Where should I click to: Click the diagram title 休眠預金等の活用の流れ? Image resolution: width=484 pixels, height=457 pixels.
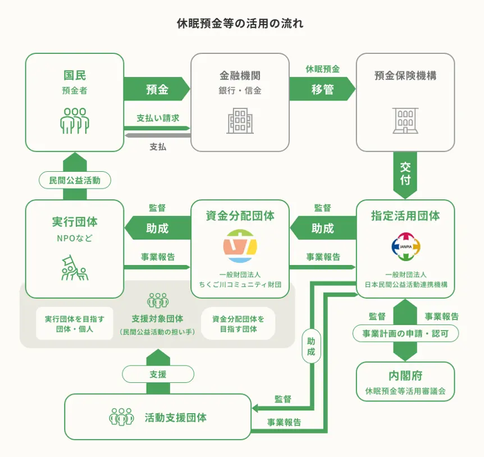pyautogui.click(x=240, y=24)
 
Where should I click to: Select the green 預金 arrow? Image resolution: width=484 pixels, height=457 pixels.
pyautogui.click(x=157, y=89)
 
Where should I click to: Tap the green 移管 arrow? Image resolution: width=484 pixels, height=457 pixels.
pyautogui.click(x=322, y=89)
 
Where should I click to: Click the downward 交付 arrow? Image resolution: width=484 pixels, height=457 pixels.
pyautogui.click(x=405, y=175)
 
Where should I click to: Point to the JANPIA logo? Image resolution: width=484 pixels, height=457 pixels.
pyautogui.click(x=405, y=246)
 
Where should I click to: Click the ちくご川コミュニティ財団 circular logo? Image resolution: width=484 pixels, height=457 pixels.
pyautogui.click(x=240, y=246)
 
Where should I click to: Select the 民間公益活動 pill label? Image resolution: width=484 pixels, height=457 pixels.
pyautogui.click(x=75, y=180)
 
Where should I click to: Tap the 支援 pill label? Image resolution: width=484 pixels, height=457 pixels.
pyautogui.click(x=158, y=374)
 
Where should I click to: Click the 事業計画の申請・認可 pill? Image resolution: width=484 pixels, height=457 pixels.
pyautogui.click(x=405, y=333)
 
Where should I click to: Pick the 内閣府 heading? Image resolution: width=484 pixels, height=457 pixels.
pyautogui.click(x=405, y=376)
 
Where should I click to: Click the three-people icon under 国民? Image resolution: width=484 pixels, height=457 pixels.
pyautogui.click(x=75, y=121)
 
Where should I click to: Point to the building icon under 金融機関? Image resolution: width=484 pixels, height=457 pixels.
pyautogui.click(x=240, y=121)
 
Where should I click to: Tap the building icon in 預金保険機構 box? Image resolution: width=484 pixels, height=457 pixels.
pyautogui.click(x=405, y=121)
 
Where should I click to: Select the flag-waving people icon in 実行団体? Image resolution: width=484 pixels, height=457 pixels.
pyautogui.click(x=75, y=268)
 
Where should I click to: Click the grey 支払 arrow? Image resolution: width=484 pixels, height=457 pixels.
pyautogui.click(x=157, y=135)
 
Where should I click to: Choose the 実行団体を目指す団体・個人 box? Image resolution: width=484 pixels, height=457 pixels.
pyautogui.click(x=74, y=324)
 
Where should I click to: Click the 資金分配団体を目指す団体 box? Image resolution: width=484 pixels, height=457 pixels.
pyautogui.click(x=238, y=324)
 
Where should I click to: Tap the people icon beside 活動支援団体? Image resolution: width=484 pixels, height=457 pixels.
pyautogui.click(x=122, y=417)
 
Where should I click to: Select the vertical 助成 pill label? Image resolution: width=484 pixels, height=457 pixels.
pyautogui.click(x=311, y=346)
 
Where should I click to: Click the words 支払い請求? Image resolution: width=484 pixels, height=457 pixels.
pyautogui.click(x=158, y=118)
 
